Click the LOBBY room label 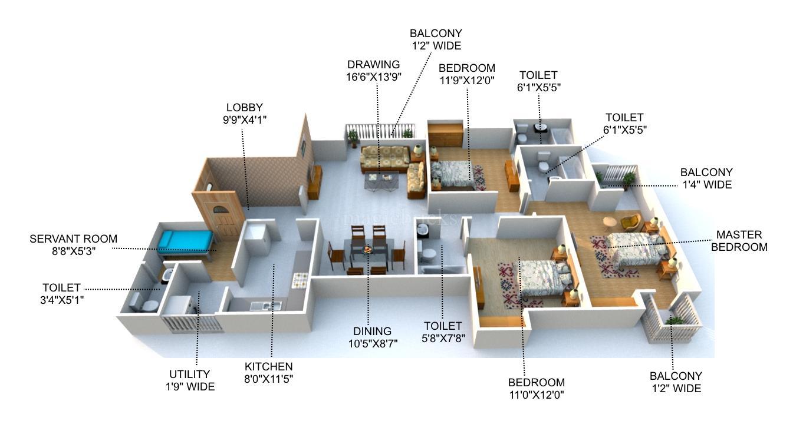pyautogui.click(x=245, y=113)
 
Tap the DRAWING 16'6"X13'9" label pyautogui.click(x=373, y=70)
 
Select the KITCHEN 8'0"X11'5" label pyautogui.click(x=269, y=373)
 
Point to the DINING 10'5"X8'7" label pyautogui.click(x=372, y=337)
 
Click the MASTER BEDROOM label pyautogui.click(x=739, y=241)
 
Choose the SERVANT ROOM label pyautogui.click(x=73, y=244)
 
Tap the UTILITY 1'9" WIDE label pyautogui.click(x=190, y=380)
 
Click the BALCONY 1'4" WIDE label pyautogui.click(x=706, y=178)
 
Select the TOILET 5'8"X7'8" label pyautogui.click(x=443, y=332)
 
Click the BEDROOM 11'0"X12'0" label pyautogui.click(x=536, y=389)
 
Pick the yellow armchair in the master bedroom pyautogui.click(x=630, y=222)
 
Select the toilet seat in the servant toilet pyautogui.click(x=150, y=305)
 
